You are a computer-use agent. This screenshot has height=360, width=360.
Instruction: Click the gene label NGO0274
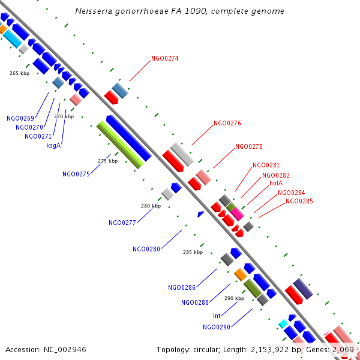165,58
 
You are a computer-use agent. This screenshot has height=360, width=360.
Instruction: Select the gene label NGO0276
227,123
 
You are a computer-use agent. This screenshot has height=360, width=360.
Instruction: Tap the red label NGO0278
249,146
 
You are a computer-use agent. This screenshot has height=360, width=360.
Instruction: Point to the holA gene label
276,183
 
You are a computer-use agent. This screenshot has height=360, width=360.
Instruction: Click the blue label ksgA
54,145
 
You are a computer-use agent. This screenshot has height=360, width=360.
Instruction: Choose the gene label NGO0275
76,174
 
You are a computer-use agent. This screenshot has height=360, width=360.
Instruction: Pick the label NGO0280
146,249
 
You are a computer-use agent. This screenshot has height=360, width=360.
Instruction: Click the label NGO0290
217,327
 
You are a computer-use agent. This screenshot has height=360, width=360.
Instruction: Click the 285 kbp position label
193,252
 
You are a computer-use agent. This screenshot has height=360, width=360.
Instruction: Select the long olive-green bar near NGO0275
120,145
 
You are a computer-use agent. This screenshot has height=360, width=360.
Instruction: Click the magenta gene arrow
236,212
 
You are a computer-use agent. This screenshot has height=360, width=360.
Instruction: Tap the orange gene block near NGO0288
240,274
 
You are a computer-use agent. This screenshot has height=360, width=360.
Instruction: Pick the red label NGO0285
299,201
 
